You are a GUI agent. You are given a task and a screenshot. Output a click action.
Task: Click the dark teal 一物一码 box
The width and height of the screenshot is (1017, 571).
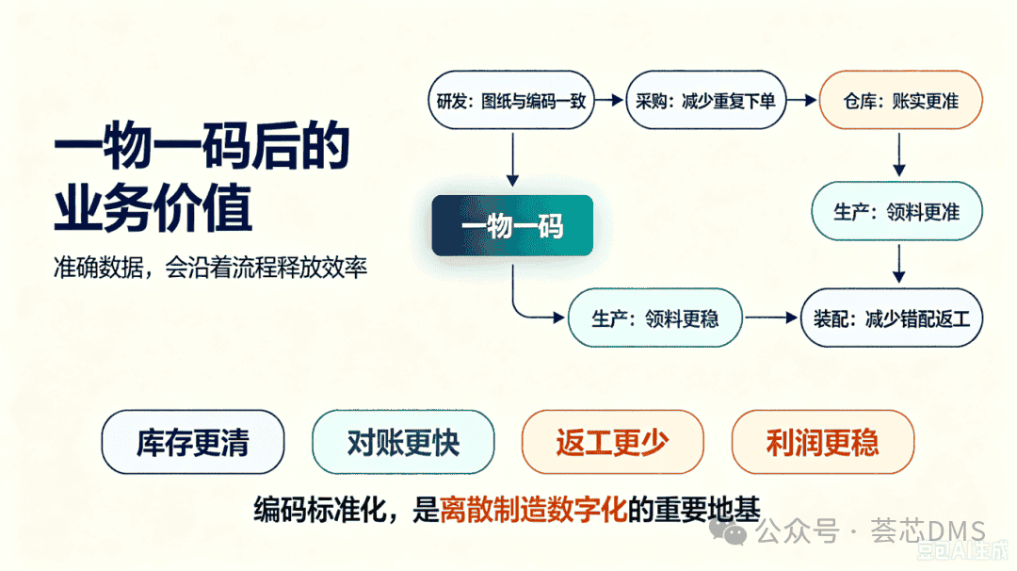(512, 225)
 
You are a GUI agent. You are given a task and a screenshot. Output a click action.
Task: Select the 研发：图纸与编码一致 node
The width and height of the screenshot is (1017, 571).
(511, 100)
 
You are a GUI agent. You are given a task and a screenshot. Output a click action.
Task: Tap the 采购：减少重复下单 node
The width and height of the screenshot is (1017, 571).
(705, 100)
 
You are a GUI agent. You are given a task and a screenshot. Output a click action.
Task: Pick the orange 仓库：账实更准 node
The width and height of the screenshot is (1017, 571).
(901, 100)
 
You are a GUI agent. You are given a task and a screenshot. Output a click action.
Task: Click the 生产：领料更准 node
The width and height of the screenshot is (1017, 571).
(897, 211)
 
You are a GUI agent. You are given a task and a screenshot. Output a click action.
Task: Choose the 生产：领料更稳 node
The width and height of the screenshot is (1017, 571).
(655, 318)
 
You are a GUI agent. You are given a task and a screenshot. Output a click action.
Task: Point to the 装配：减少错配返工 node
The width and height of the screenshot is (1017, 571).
(892, 318)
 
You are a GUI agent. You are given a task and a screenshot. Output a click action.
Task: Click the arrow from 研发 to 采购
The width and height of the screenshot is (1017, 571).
(609, 100)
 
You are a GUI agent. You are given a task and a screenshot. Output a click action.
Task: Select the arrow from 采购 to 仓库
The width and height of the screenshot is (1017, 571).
(802, 100)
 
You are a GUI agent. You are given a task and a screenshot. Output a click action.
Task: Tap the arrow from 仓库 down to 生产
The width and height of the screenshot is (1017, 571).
(899, 155)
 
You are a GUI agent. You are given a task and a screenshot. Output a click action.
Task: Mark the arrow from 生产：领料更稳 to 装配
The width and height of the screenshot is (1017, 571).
(771, 318)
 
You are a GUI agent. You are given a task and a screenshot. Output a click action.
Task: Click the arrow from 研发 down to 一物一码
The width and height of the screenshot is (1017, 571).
(512, 159)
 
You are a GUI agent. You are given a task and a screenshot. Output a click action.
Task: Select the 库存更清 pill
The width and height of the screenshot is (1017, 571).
(193, 442)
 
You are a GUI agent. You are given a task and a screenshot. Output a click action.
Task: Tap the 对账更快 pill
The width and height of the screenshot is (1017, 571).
(403, 442)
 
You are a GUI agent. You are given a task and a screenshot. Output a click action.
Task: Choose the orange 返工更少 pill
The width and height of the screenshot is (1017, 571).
(612, 442)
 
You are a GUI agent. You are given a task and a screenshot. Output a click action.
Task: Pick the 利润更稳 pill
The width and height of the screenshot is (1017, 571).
(822, 442)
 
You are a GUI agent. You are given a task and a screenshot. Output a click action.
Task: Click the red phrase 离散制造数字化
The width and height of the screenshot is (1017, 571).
(533, 510)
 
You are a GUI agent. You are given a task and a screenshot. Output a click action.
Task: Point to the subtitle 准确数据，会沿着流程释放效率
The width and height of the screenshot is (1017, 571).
(210, 267)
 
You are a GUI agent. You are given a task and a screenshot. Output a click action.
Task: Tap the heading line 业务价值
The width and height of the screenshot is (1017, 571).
(153, 207)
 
